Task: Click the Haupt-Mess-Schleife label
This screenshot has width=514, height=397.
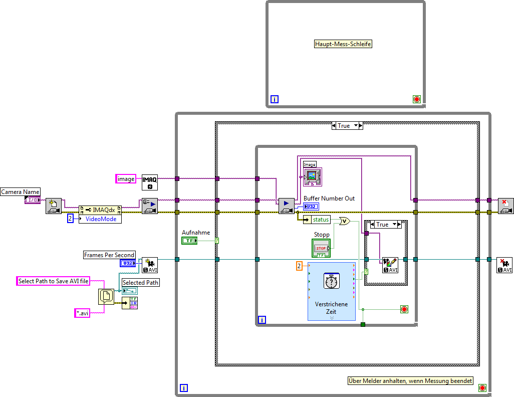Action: (x=343, y=44)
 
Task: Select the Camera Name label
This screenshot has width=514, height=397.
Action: (x=20, y=191)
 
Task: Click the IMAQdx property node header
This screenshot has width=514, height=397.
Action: (x=100, y=210)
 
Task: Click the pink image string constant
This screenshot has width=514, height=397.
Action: (x=126, y=179)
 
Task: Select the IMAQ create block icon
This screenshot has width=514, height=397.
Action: (x=150, y=182)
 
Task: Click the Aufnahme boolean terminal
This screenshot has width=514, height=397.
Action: (x=189, y=241)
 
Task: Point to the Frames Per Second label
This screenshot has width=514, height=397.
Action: (x=109, y=255)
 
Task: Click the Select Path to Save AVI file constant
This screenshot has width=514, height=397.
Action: (x=53, y=281)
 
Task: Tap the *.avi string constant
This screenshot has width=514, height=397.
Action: (x=82, y=313)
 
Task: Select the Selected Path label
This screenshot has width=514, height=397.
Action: (x=140, y=283)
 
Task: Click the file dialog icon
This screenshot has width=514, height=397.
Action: (x=106, y=297)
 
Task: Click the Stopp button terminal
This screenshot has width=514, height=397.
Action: (x=321, y=248)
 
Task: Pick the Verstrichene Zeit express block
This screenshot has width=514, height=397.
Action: (x=331, y=291)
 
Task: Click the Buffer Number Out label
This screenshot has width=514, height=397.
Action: (x=329, y=198)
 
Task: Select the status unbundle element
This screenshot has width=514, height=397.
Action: (x=320, y=220)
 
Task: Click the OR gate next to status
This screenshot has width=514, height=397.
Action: (x=345, y=221)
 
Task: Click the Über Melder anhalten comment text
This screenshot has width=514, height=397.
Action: (x=410, y=381)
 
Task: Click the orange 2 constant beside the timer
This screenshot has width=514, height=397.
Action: (x=299, y=266)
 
